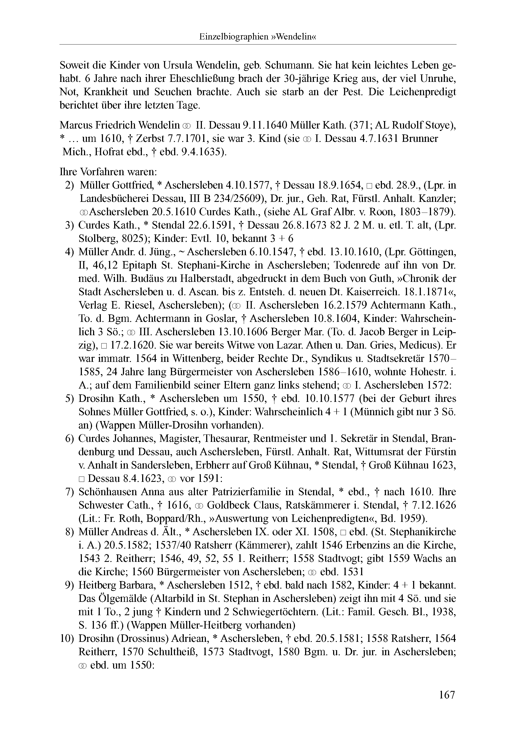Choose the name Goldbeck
[229, 505]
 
